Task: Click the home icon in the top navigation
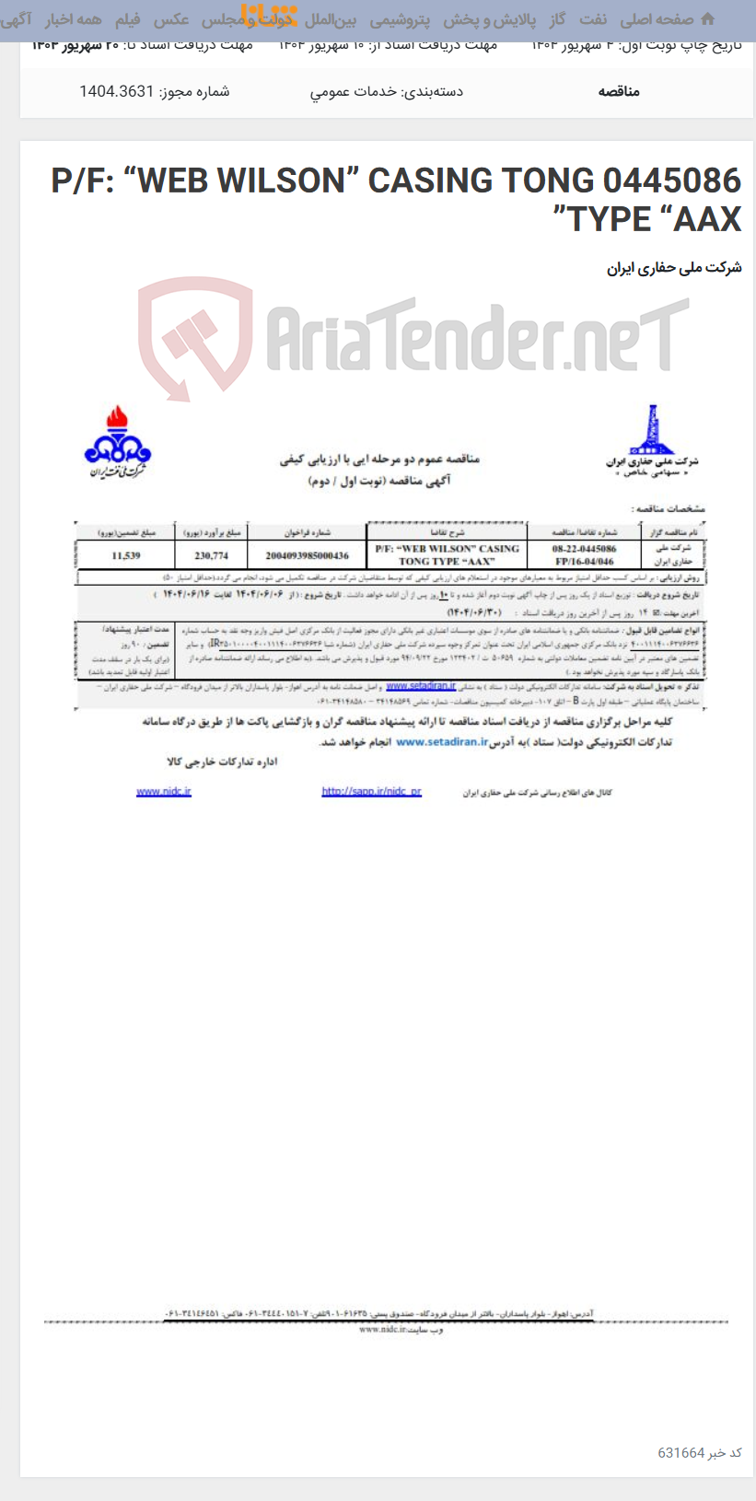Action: [x=707, y=18]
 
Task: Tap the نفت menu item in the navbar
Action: [x=593, y=19]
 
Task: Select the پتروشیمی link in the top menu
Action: [x=400, y=19]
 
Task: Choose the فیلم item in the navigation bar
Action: [x=127, y=19]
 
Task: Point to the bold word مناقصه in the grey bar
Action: [x=619, y=91]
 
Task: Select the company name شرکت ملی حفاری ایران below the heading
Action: [x=674, y=268]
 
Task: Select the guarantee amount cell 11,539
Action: [x=126, y=555]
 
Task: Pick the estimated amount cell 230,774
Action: [x=212, y=555]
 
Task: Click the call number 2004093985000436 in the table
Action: [x=307, y=555]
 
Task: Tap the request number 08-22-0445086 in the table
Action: [x=584, y=549]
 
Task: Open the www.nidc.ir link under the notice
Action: [x=164, y=791]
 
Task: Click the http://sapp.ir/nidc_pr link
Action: [x=371, y=791]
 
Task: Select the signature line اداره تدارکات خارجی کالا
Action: [x=222, y=762]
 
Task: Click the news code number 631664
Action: [x=680, y=1452]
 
